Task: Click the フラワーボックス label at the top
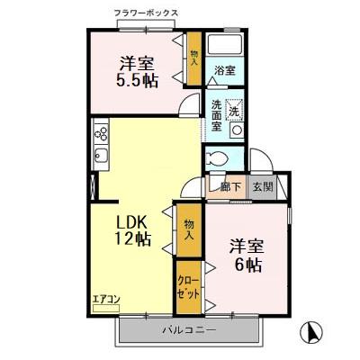(x=147, y=13)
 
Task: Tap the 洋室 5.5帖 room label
(x=138, y=71)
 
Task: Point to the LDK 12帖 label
(x=131, y=232)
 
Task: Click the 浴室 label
(x=224, y=70)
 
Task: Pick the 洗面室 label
(x=217, y=114)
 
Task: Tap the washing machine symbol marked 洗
(x=234, y=109)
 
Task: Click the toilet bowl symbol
(x=217, y=158)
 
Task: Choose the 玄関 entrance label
(x=262, y=187)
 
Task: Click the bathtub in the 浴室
(x=224, y=46)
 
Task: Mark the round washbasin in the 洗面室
(x=236, y=129)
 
